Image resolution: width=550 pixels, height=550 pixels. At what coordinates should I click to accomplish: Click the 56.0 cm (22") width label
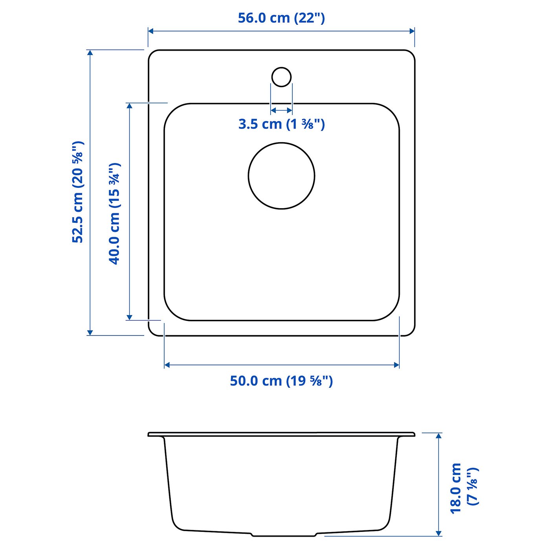tap(281, 18)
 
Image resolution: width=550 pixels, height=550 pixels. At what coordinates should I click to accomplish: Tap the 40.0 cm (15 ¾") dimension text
tap(114, 213)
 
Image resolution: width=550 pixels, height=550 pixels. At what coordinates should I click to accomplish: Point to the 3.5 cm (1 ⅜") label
tap(281, 124)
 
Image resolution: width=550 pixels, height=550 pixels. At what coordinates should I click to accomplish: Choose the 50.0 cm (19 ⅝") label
tap(281, 381)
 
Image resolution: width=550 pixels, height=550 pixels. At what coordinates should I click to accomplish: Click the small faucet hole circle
tap(281, 77)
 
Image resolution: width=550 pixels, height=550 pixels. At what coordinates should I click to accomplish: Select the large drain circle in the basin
tap(281, 176)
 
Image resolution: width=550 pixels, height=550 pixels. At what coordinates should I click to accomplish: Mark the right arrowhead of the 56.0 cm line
tap(412, 31)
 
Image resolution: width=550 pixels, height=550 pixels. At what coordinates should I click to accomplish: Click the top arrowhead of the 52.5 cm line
tap(90, 53)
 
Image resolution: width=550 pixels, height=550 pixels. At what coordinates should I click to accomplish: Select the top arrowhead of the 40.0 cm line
tap(129, 106)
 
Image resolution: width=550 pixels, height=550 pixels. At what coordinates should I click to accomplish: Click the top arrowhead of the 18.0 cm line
tap(439, 436)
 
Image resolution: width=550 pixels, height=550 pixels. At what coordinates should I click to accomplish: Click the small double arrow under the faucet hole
tap(281, 110)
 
